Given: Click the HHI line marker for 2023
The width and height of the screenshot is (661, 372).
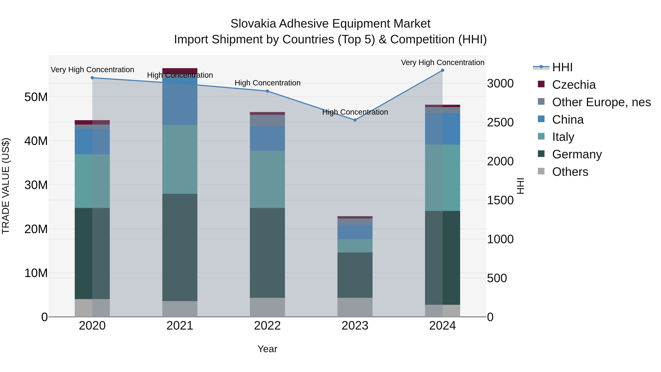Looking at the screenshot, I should point(355,120).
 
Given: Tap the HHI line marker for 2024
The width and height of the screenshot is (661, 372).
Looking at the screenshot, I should point(442,70).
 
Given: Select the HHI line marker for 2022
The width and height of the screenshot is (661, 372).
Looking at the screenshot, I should point(267,91).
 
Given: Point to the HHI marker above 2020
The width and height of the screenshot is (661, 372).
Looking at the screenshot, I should point(92,78).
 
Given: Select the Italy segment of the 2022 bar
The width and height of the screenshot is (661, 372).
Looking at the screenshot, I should point(267,179).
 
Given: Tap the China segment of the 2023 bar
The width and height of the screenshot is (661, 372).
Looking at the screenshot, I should point(355,232).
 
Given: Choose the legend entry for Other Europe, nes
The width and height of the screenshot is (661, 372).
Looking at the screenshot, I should point(601,102).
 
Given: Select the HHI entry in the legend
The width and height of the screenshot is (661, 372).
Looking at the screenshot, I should point(562,67).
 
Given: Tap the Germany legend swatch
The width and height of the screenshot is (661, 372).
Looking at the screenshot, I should point(541,154).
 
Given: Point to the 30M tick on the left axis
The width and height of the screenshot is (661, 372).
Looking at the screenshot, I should point(36,185).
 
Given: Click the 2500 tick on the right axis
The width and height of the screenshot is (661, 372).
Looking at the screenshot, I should point(500,123).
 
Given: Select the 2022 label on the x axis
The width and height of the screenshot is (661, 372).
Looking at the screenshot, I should point(267,326).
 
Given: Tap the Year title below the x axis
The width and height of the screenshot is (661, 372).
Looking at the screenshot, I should point(267,349).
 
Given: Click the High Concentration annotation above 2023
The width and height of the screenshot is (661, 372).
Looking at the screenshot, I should point(355,112).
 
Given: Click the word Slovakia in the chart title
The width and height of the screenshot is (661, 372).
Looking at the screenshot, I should point(253,24).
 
